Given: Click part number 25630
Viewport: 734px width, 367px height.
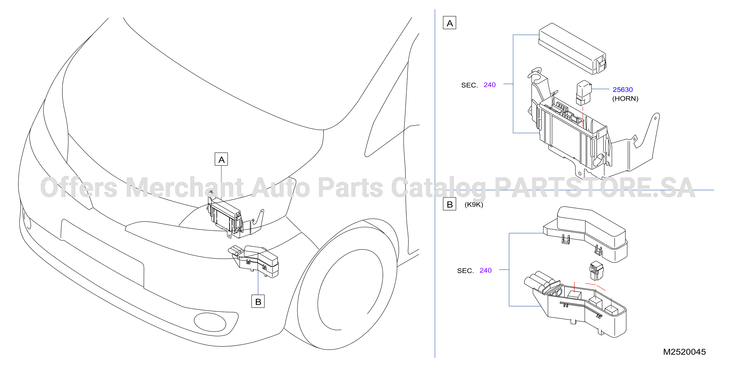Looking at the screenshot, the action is (x=623, y=90).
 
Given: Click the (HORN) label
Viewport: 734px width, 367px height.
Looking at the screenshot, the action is (x=625, y=99).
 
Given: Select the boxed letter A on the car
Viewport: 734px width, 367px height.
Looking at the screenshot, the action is (x=221, y=159).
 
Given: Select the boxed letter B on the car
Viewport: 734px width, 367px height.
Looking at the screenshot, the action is (x=258, y=301).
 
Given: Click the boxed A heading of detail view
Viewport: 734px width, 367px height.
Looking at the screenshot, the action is (x=450, y=23).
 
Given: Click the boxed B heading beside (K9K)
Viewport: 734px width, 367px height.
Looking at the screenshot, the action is (x=450, y=204).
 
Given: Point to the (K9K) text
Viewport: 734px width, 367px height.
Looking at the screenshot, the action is (x=474, y=205).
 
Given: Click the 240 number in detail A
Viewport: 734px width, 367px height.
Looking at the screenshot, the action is (x=490, y=85).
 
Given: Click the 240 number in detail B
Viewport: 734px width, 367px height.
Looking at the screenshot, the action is (x=486, y=270).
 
